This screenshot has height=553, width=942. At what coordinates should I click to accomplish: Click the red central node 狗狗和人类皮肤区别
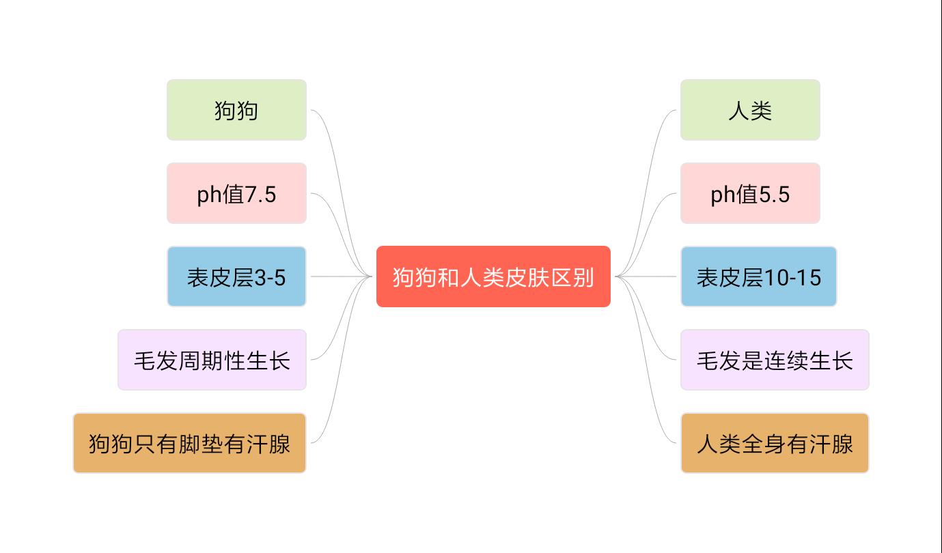point(493,276)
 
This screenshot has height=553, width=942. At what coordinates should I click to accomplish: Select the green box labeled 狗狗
point(236,110)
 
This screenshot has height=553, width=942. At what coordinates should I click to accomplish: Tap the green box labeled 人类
point(749,110)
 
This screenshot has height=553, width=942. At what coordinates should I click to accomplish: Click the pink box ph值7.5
point(236,193)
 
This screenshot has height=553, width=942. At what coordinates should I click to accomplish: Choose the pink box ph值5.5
point(749,193)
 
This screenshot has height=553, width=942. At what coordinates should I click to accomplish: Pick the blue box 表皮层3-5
point(236,276)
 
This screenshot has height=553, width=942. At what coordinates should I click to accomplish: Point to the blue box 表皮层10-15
point(758,276)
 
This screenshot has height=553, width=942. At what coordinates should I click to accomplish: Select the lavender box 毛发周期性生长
point(212,360)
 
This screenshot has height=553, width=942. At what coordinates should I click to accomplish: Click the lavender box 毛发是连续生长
point(775,360)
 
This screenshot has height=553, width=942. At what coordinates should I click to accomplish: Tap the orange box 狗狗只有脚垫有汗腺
point(189,443)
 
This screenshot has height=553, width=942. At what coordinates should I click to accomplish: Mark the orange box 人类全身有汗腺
point(775,443)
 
